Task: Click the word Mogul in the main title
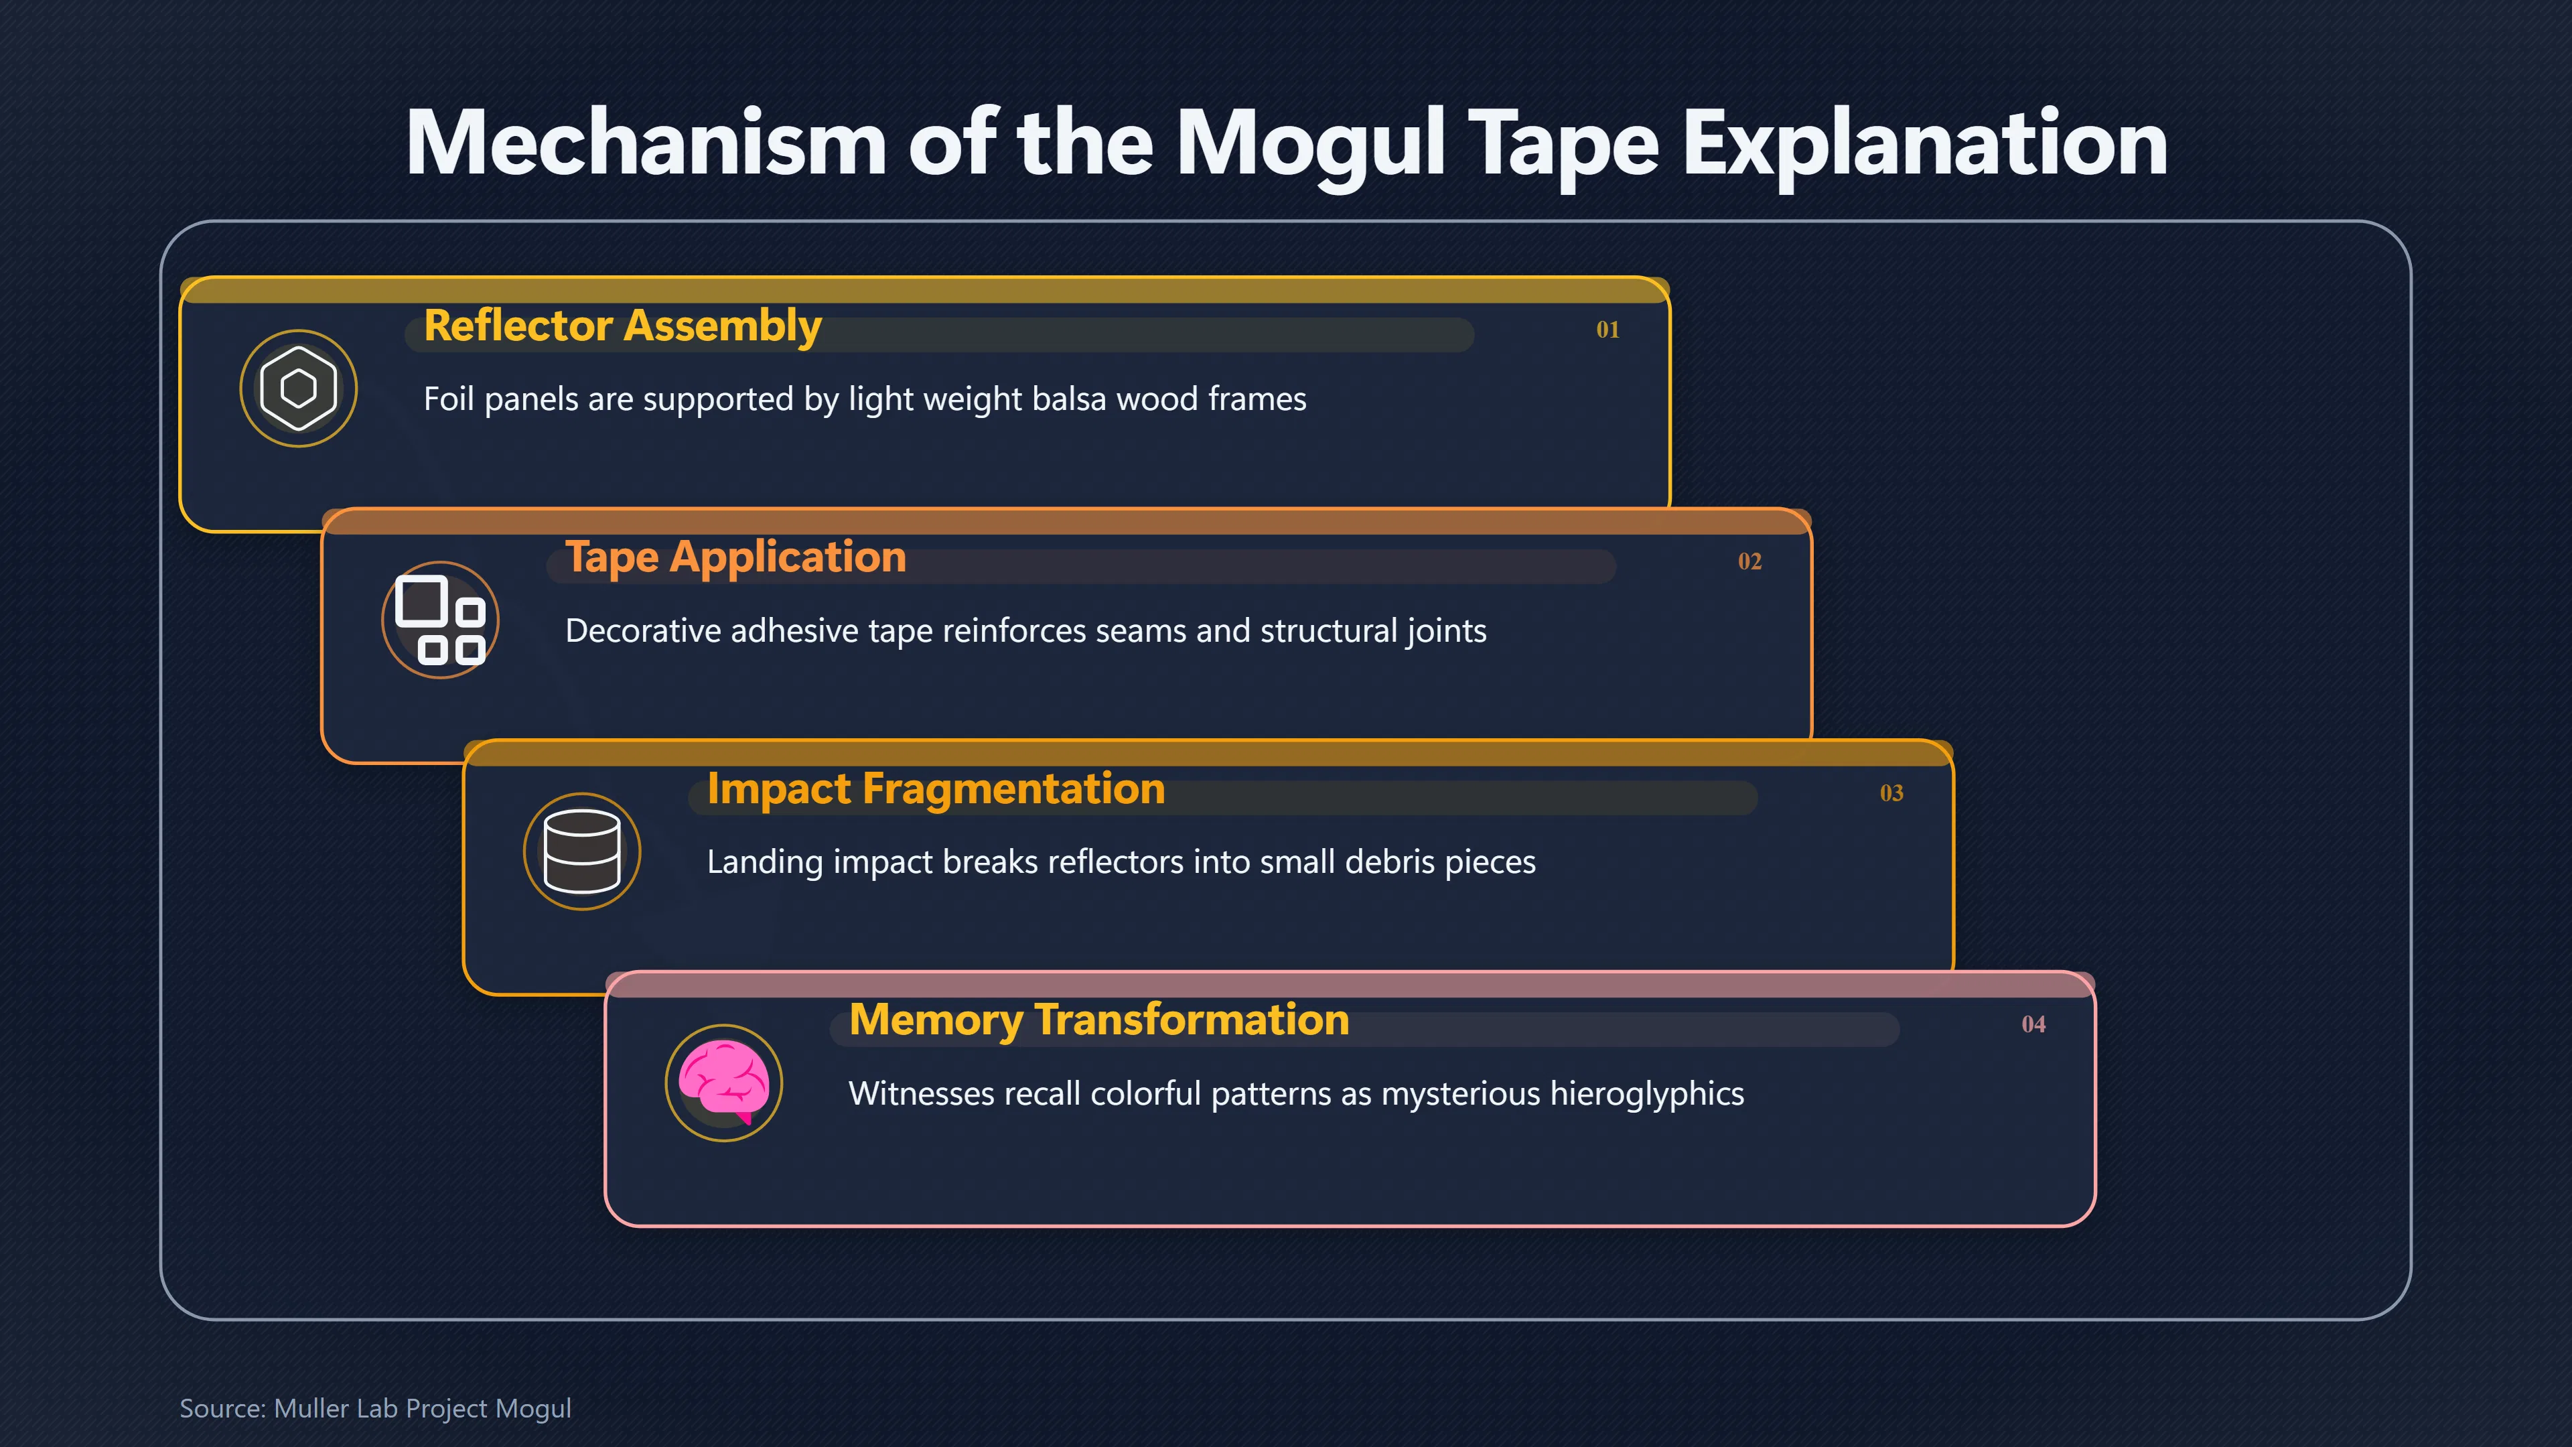pos(1311,145)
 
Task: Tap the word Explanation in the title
pos(1925,145)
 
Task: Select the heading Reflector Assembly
pos(622,326)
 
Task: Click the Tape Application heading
pos(736,557)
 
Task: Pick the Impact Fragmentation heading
pos(936,789)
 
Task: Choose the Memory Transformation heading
pos(1098,1020)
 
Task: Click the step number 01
pos(1607,330)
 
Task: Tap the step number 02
pos(1749,561)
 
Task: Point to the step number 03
pos(1891,793)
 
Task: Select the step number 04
pos(2033,1024)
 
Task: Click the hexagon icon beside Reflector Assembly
pos(299,389)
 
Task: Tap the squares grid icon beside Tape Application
pos(440,620)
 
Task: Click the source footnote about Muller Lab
pos(375,1408)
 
